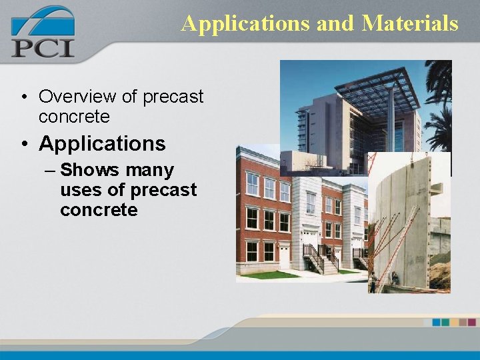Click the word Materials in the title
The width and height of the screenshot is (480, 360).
coord(410,23)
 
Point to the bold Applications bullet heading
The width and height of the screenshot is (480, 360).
coord(102,143)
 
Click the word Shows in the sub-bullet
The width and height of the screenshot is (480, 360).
coord(85,171)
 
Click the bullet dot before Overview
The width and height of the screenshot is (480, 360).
coord(24,97)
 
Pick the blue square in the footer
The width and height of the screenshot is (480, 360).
coord(437,322)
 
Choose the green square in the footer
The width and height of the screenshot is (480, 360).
coord(446,322)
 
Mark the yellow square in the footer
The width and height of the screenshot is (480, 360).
coord(455,322)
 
